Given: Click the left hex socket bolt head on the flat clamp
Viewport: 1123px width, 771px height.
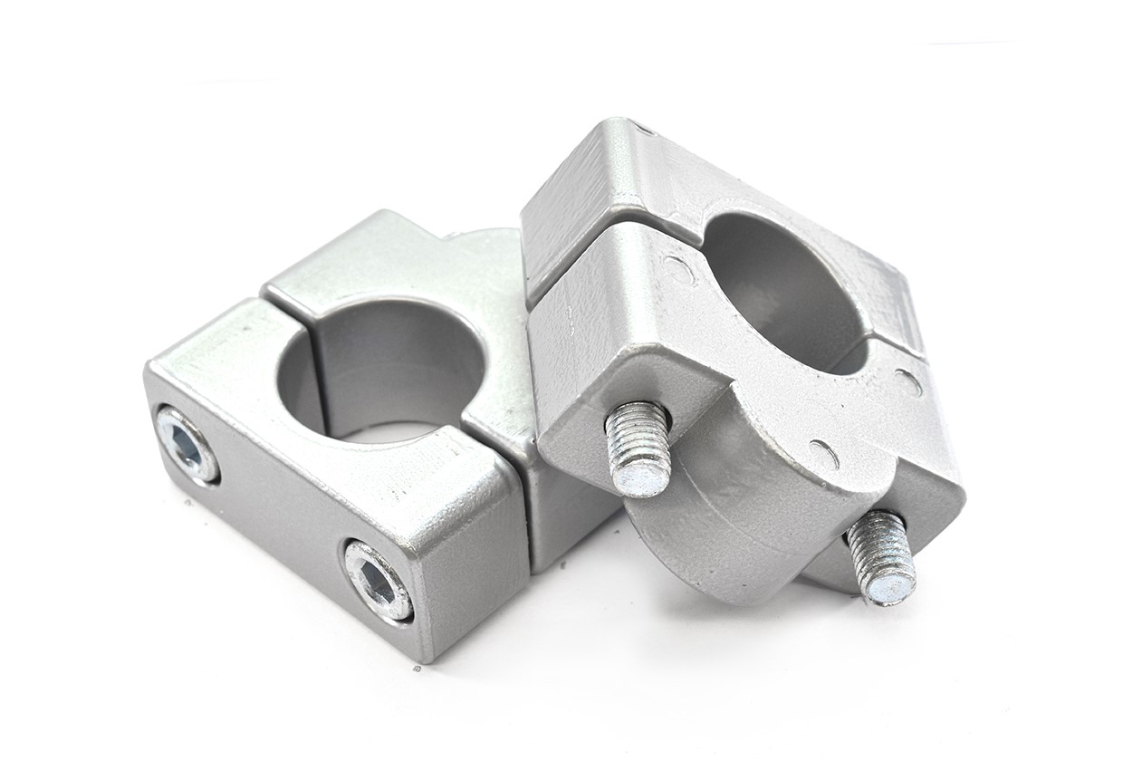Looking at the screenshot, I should click(x=187, y=444).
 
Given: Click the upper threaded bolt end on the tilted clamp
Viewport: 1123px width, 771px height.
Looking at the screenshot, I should click(x=638, y=448).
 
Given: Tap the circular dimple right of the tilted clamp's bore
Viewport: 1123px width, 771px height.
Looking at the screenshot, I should click(x=907, y=381).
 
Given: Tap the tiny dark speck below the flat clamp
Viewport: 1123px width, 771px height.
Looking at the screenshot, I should click(x=416, y=669).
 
